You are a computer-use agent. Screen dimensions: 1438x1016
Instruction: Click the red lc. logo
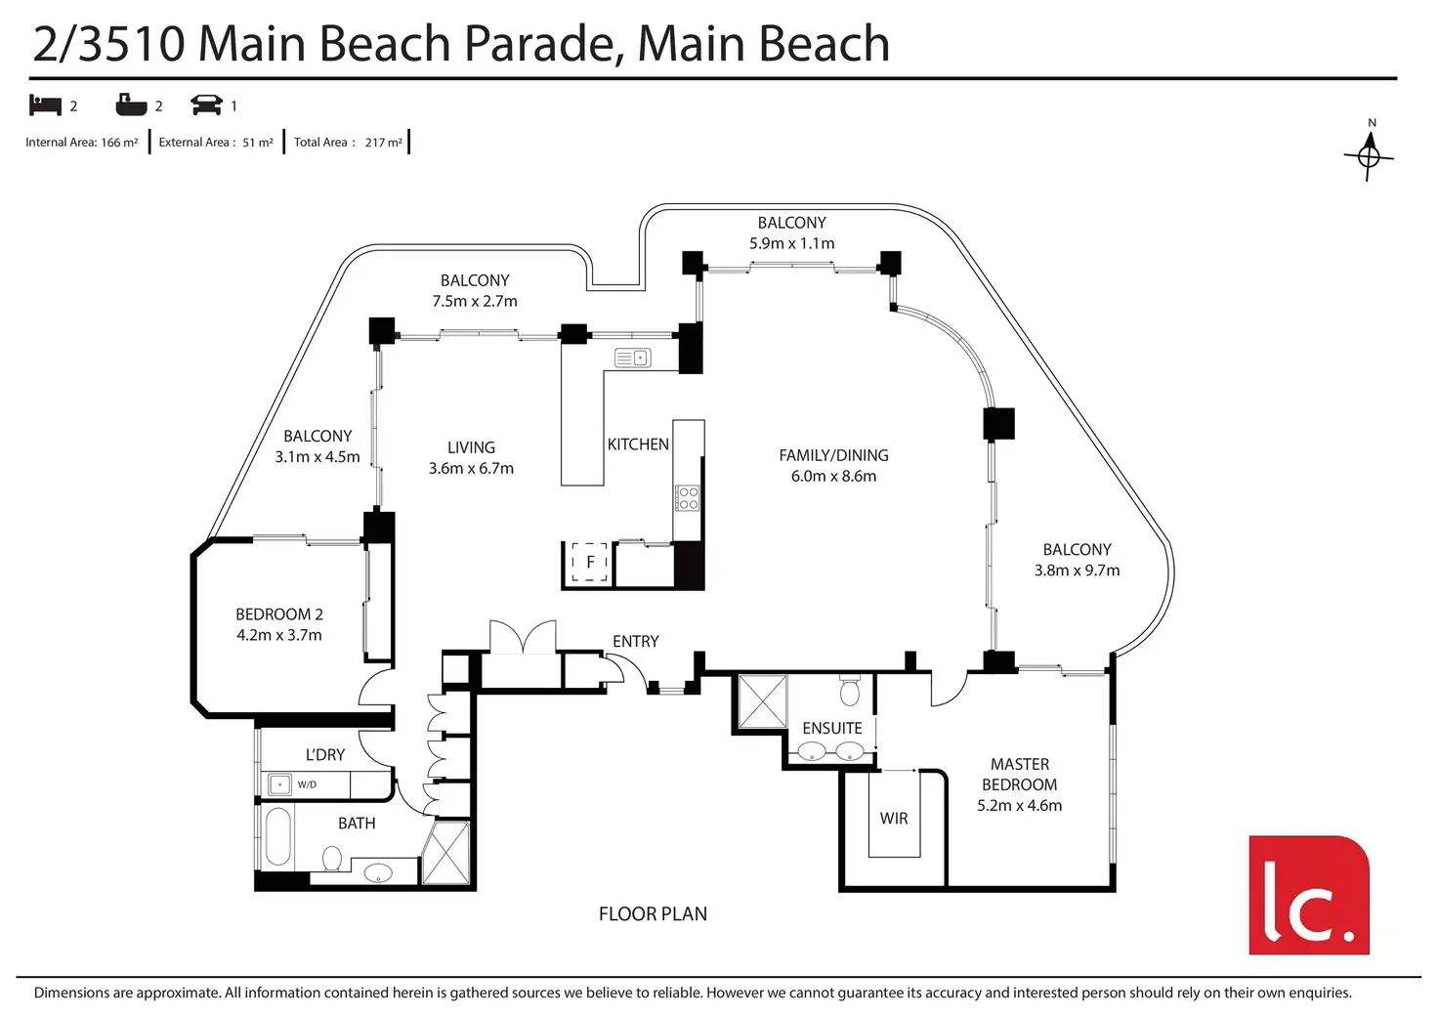1308,895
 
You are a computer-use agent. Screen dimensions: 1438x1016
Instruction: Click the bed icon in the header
45,106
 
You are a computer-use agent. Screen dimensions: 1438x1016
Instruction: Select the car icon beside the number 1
206,106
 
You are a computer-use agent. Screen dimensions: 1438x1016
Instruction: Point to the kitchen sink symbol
632,358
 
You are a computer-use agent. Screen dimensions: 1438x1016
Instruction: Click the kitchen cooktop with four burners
686,498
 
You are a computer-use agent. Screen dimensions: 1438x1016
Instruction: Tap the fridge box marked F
589,563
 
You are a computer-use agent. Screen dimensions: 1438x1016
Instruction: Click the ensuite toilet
849,691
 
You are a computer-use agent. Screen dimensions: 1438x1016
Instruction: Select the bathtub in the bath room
278,837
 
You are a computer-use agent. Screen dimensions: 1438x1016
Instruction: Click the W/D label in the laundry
307,784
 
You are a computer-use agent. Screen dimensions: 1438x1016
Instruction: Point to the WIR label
894,819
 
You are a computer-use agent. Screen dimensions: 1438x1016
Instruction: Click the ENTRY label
636,641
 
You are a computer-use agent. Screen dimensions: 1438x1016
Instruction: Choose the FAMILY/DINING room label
833,455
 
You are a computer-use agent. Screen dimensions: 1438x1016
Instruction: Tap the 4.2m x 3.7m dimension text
279,635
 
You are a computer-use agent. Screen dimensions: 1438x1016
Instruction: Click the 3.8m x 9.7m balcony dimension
1077,570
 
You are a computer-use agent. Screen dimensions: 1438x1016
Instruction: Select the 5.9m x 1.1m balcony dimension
791,243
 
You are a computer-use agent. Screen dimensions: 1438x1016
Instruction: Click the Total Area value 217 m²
383,143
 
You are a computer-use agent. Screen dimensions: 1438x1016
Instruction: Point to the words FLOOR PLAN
653,914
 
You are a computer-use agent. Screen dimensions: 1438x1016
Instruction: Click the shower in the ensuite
763,701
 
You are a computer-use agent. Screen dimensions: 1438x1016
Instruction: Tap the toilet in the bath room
332,858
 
